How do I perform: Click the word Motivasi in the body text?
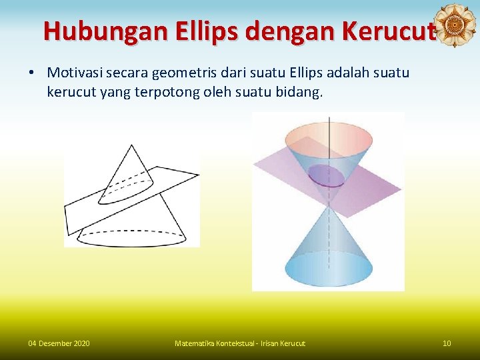click(x=74, y=71)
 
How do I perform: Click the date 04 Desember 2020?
click(x=59, y=343)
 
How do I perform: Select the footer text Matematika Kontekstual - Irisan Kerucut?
click(x=239, y=343)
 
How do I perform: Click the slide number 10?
click(x=447, y=343)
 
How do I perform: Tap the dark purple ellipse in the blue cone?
click(x=327, y=175)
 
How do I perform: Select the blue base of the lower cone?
click(x=329, y=270)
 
